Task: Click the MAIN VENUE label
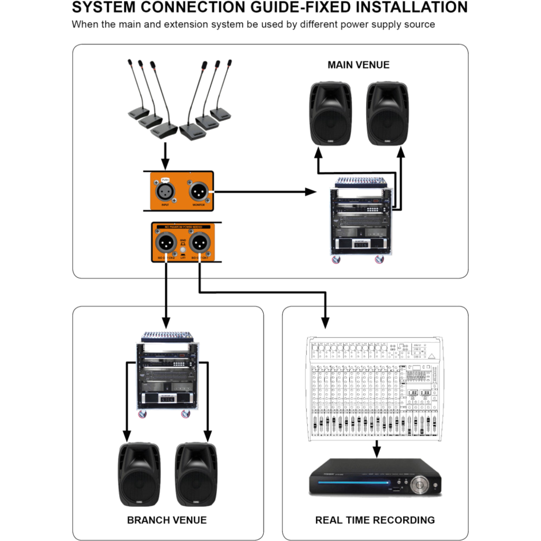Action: pyautogui.click(x=358, y=65)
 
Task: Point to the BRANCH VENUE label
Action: pyautogui.click(x=167, y=520)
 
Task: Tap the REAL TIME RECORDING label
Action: pyautogui.click(x=375, y=520)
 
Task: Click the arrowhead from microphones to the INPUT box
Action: pyautogui.click(x=165, y=163)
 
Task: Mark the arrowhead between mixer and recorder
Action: pyautogui.click(x=376, y=453)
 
